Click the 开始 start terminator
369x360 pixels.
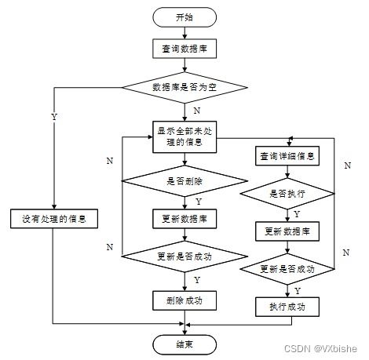click(x=184, y=17)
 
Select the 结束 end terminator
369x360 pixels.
click(x=184, y=344)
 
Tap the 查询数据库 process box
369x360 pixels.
click(x=184, y=49)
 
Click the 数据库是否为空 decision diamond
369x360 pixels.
click(x=184, y=87)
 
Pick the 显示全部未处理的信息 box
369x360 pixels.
click(x=184, y=136)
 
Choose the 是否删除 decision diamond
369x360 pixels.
click(x=184, y=181)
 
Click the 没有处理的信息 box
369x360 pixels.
click(x=54, y=219)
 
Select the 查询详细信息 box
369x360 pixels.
click(x=287, y=156)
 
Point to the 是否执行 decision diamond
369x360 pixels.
click(x=287, y=194)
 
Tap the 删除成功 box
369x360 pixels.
click(x=184, y=300)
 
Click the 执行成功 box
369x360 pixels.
click(x=287, y=307)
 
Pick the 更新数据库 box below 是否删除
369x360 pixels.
click(x=184, y=219)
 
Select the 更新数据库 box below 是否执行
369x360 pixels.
click(x=287, y=231)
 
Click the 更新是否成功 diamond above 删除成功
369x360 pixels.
click(x=184, y=256)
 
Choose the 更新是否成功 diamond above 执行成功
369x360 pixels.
click(x=287, y=269)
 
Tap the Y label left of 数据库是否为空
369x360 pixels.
click(x=54, y=117)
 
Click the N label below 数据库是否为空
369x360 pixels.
click(x=197, y=111)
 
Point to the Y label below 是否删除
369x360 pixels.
click(x=199, y=202)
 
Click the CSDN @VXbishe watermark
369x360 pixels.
click(x=320, y=348)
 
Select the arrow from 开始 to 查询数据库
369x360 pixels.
click(x=184, y=33)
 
